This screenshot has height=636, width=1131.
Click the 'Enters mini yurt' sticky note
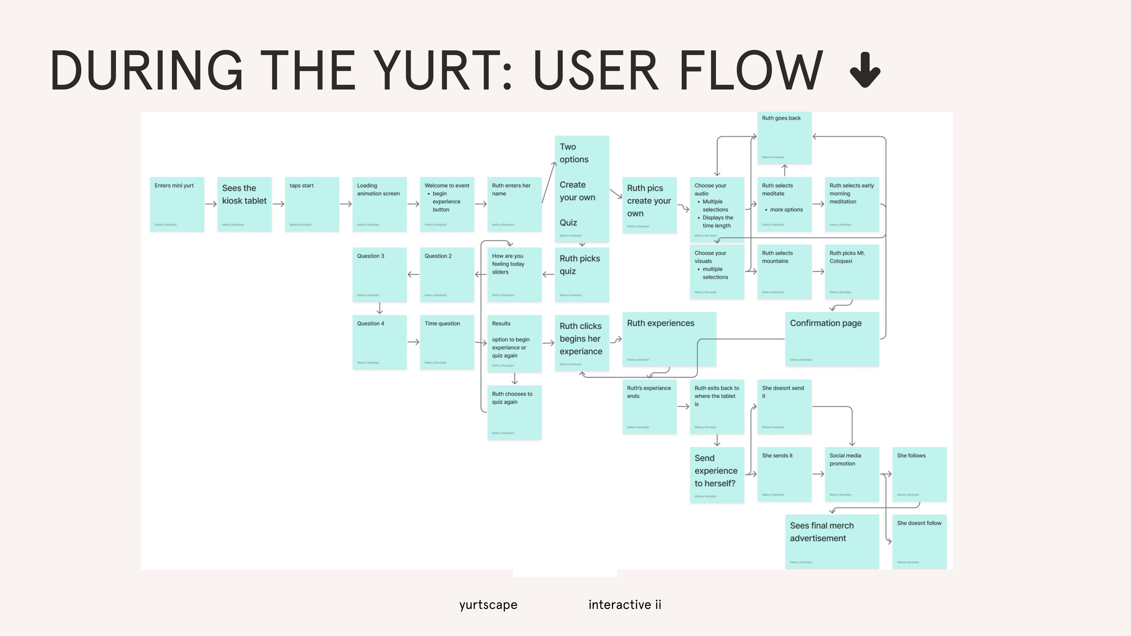pyautogui.click(x=177, y=204)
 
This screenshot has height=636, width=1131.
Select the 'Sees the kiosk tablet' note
pyautogui.click(x=244, y=204)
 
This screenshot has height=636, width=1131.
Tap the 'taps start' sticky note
pyautogui.click(x=312, y=204)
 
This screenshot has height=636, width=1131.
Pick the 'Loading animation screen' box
pyautogui.click(x=379, y=204)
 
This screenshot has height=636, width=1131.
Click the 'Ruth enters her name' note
pyautogui.click(x=514, y=204)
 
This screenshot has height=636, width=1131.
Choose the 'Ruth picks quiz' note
pyautogui.click(x=582, y=274)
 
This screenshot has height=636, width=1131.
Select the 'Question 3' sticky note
pyautogui.click(x=379, y=274)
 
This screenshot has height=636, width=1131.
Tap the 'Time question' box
pyautogui.click(x=447, y=342)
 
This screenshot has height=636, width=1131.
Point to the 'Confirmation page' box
pyautogui.click(x=832, y=339)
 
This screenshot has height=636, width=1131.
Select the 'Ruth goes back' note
pyautogui.click(x=784, y=137)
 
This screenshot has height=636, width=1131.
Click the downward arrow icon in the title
pyautogui.click(x=865, y=70)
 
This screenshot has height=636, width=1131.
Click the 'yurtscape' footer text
pyautogui.click(x=488, y=605)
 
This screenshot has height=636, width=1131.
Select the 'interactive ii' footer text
pyautogui.click(x=625, y=605)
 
